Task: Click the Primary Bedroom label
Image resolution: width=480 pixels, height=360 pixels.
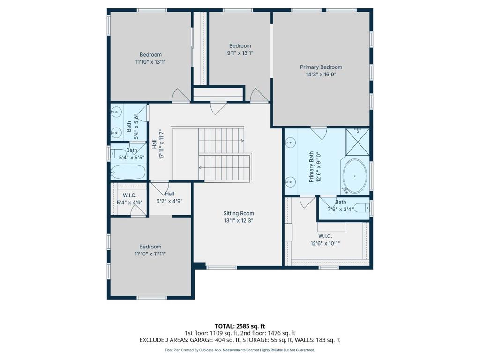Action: [321, 67]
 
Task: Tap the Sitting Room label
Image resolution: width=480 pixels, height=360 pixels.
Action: [239, 213]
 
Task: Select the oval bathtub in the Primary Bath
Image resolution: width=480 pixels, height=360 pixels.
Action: [354, 176]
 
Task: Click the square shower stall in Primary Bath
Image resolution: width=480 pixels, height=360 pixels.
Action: [358, 142]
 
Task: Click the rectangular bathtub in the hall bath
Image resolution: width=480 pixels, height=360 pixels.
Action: [128, 172]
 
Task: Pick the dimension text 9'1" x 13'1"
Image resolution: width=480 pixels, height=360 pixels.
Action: [240, 53]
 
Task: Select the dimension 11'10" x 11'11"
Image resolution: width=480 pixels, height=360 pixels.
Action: [150, 254]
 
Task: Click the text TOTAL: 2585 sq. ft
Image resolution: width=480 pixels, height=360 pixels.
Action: [240, 326]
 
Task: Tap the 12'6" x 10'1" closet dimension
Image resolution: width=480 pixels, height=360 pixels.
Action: [325, 244]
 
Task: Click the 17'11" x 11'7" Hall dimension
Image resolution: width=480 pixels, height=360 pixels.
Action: [162, 144]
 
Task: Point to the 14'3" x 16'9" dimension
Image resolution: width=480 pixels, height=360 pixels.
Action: [321, 75]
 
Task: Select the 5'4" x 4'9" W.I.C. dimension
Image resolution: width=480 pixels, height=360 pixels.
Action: [129, 202]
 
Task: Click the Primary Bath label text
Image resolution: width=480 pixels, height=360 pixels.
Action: [311, 167]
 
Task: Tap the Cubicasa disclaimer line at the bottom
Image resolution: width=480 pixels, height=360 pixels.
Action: [240, 350]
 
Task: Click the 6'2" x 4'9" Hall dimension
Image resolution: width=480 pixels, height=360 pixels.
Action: [169, 201]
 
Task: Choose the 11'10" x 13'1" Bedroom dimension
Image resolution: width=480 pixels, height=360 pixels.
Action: [150, 62]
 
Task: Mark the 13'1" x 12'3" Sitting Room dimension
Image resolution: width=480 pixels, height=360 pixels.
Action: [239, 220]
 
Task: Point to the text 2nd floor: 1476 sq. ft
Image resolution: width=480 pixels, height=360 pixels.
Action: [268, 333]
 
